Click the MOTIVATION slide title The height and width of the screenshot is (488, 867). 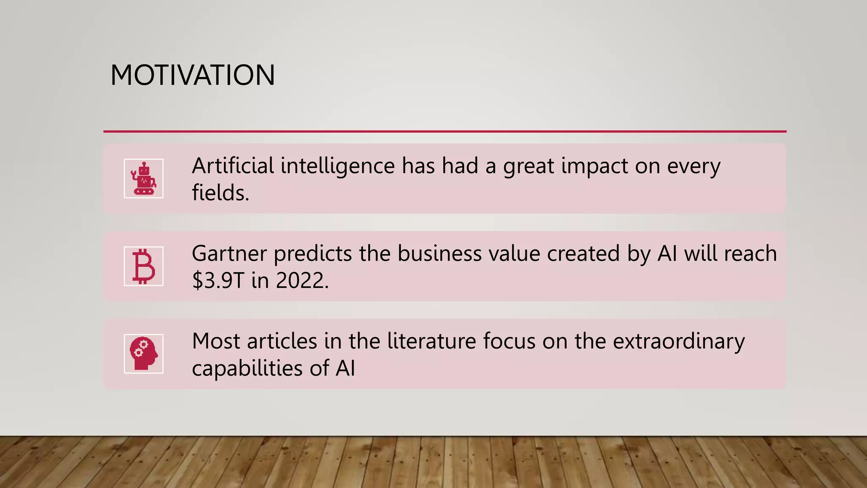pos(193,75)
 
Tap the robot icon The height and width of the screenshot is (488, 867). pos(144,178)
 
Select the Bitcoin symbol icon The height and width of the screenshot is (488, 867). pos(144,266)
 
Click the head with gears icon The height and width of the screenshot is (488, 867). pos(144,354)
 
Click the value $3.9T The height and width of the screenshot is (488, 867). pos(218,280)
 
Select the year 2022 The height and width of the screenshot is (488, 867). pos(302,280)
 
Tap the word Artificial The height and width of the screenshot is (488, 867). pos(233,166)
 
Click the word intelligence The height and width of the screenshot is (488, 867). pos(337,166)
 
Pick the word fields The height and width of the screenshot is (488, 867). pos(220,193)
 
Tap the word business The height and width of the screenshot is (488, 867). pos(439,254)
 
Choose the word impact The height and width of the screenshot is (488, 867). pos(595,166)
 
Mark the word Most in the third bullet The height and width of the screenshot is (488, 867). pos(216,341)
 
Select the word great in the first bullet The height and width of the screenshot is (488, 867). pos(529,166)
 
